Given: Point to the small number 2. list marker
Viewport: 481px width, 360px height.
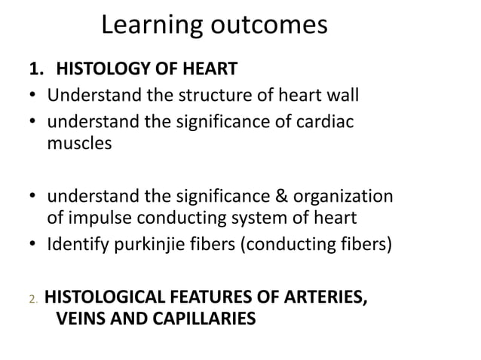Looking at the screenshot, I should [33, 300].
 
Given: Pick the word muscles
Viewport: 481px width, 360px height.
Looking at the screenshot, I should [79, 143].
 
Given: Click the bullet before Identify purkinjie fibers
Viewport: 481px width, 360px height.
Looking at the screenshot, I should [33, 246].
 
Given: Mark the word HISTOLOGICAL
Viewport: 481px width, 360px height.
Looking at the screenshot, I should [110, 297].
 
